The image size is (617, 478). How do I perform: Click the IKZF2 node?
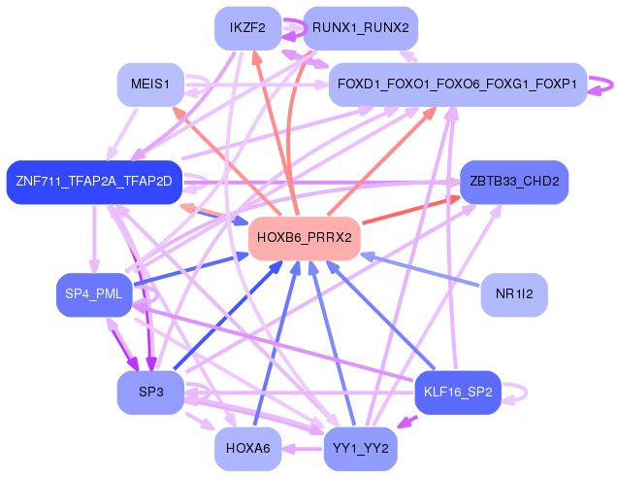pyautogui.click(x=248, y=28)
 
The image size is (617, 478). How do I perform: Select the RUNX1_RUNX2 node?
pyautogui.click(x=361, y=28)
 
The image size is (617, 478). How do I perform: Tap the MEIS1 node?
pyautogui.click(x=150, y=85)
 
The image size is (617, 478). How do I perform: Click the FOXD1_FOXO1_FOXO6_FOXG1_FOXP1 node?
pyautogui.click(x=458, y=85)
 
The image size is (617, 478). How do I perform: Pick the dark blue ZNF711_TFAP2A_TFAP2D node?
pyautogui.click(x=94, y=182)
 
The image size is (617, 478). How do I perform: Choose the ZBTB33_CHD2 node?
pyautogui.click(x=514, y=182)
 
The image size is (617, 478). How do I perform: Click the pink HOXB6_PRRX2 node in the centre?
pyautogui.click(x=305, y=238)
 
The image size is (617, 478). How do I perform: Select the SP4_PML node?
pyautogui.click(x=94, y=294)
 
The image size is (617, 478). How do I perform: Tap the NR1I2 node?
pyautogui.click(x=514, y=294)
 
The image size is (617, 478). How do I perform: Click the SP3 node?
pyautogui.click(x=150, y=393)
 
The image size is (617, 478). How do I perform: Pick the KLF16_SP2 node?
pyautogui.click(x=458, y=393)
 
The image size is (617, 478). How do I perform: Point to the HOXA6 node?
pyautogui.click(x=248, y=449)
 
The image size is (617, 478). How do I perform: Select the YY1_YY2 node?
pyautogui.click(x=361, y=449)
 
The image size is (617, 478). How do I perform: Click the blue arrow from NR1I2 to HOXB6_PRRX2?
pyautogui.click(x=420, y=270)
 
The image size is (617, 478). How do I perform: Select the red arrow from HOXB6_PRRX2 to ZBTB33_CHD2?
pyautogui.click(x=410, y=211)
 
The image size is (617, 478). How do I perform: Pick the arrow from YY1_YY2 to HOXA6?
pyautogui.click(x=303, y=449)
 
